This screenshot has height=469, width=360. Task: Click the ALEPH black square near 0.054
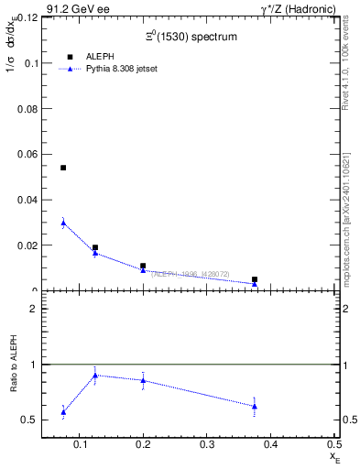(63, 168)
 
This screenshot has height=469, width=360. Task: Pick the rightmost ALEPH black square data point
(255, 279)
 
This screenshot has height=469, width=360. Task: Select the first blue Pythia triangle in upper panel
(63, 223)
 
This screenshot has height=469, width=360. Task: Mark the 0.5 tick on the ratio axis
(28, 420)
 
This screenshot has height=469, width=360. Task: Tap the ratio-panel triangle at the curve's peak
(95, 376)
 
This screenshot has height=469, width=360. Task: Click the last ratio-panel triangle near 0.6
(255, 406)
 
